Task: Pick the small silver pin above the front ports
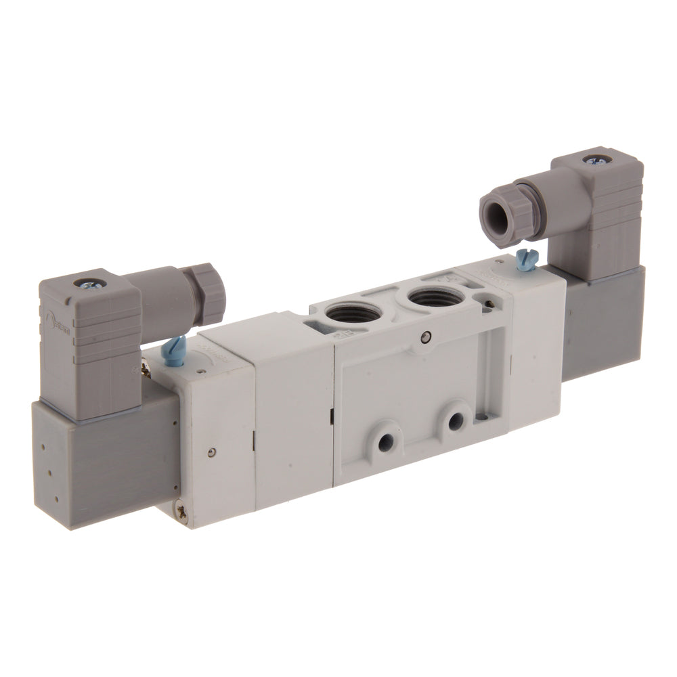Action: click(x=424, y=333)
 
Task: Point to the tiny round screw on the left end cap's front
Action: click(x=211, y=454)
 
